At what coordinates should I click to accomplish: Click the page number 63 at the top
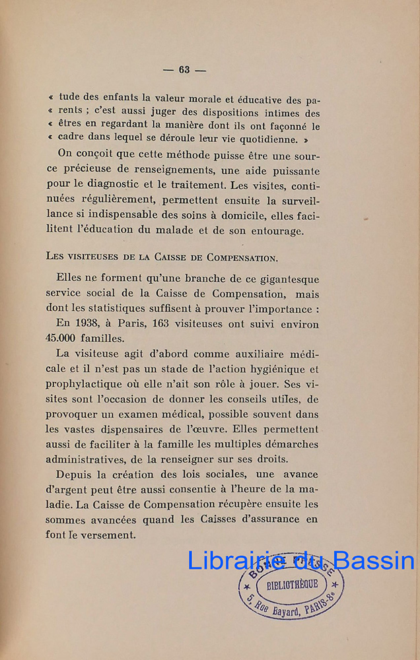coord(184,70)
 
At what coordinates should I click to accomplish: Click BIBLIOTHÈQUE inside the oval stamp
coord(291,584)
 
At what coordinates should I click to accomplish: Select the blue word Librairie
coord(229,560)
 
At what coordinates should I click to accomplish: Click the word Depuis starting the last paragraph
coord(77,475)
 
